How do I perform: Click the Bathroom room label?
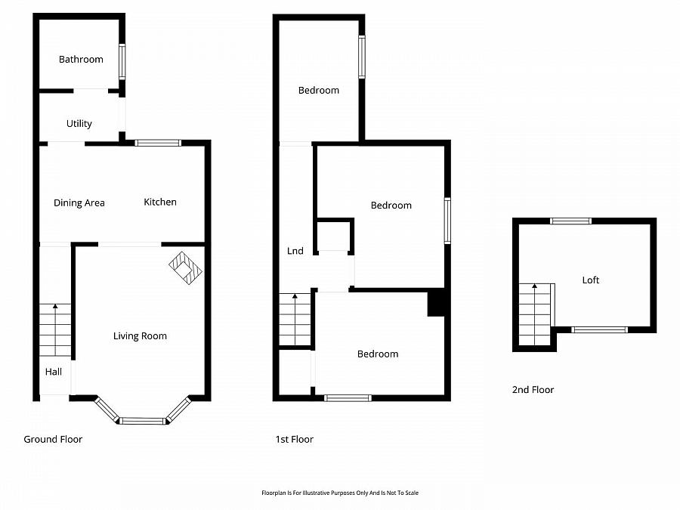pyautogui.click(x=81, y=59)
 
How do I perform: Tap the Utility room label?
pyautogui.click(x=79, y=123)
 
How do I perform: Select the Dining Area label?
pyautogui.click(x=79, y=202)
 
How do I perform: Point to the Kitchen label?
pyautogui.click(x=160, y=202)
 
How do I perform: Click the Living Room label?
pyautogui.click(x=140, y=335)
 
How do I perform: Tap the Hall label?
pyautogui.click(x=54, y=371)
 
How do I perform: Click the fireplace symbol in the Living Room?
pyautogui.click(x=186, y=267)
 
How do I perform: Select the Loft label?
pyautogui.click(x=590, y=280)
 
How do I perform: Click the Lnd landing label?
pyautogui.click(x=295, y=251)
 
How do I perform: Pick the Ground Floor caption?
pyautogui.click(x=53, y=439)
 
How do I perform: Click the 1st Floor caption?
pyautogui.click(x=295, y=439)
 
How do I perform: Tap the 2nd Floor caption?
pyautogui.click(x=533, y=390)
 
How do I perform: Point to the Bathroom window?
pyautogui.click(x=122, y=62)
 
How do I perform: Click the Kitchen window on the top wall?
pyautogui.click(x=158, y=143)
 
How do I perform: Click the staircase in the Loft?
pyautogui.click(x=536, y=314)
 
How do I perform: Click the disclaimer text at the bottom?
pyautogui.click(x=339, y=493)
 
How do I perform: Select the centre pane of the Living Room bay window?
pyautogui.click(x=142, y=420)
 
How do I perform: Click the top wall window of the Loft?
pyautogui.click(x=570, y=221)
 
